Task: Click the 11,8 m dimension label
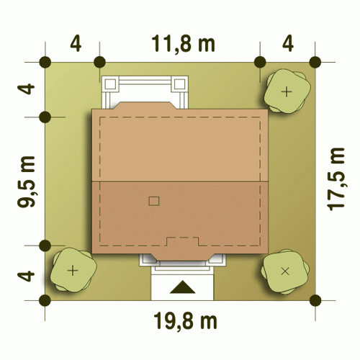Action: click(183, 44)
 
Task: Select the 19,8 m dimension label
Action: click(185, 321)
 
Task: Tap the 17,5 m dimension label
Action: click(336, 179)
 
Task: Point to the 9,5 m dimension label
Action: click(27, 181)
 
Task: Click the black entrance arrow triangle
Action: click(182, 287)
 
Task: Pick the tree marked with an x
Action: click(285, 271)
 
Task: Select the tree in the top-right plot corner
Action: click(287, 91)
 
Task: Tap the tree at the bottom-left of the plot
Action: click(73, 270)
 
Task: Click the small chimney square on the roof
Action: click(154, 201)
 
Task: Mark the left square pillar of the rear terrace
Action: click(110, 84)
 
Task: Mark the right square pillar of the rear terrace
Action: click(179, 84)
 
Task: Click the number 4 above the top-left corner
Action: click(76, 44)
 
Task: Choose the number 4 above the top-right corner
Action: click(288, 44)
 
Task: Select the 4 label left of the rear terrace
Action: click(27, 89)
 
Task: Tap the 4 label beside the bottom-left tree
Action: click(27, 276)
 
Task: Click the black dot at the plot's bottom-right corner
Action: click(315, 300)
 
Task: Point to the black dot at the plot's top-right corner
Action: click(315, 62)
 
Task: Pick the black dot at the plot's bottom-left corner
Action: click(45, 300)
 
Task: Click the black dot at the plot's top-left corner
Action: click(45, 62)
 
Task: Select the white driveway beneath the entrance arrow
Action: click(182, 286)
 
